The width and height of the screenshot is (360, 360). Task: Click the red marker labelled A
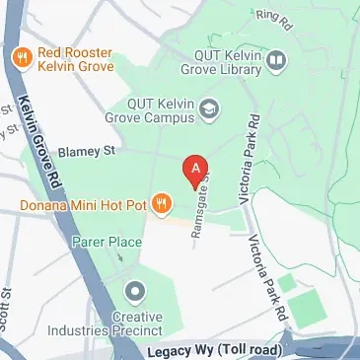point(197,169)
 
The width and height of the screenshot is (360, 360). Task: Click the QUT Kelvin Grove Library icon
point(277,61)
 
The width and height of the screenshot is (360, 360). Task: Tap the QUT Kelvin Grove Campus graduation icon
point(209,108)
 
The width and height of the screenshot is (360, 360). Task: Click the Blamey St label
point(88,151)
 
